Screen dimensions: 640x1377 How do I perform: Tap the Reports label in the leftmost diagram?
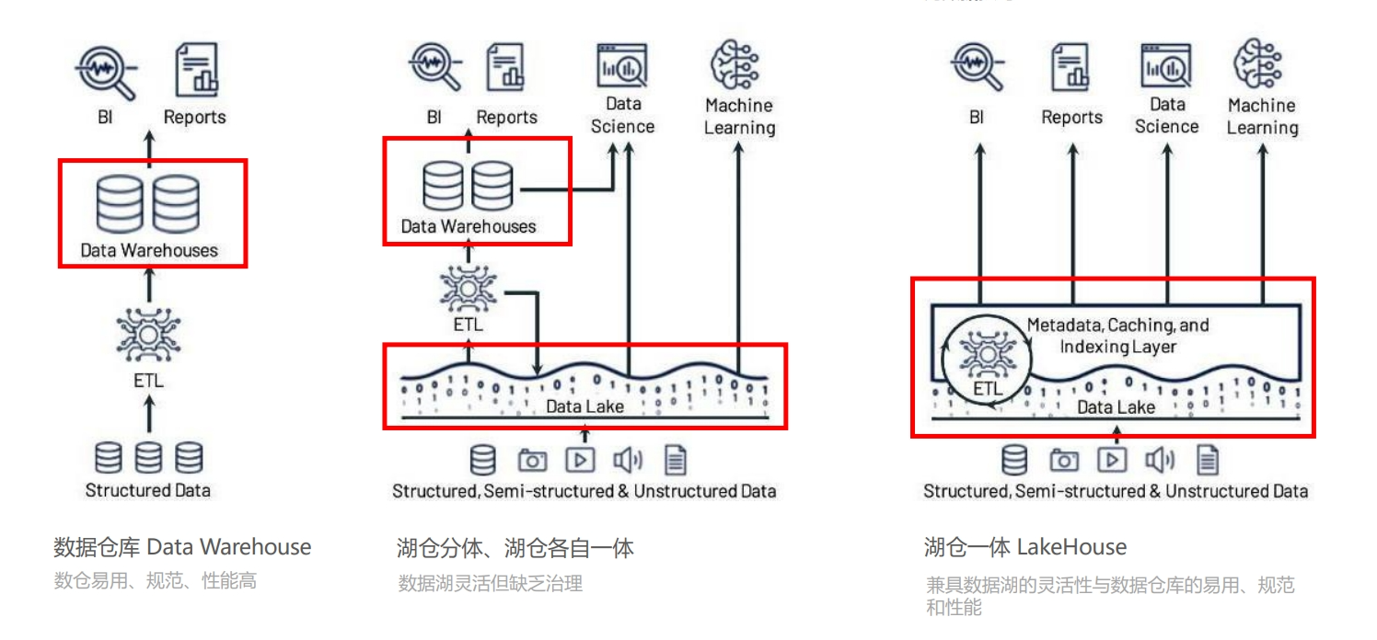(194, 117)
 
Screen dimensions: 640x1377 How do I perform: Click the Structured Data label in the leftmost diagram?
(148, 490)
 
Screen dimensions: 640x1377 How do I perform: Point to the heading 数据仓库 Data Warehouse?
(182, 547)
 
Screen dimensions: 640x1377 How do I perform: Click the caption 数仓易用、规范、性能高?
(155, 581)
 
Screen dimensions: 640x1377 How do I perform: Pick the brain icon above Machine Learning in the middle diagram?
(736, 64)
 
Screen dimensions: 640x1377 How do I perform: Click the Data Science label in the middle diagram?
(623, 115)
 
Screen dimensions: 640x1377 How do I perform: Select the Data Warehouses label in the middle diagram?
(468, 226)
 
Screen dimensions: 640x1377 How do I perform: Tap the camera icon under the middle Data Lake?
(532, 460)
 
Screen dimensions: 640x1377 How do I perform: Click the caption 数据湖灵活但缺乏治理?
(490, 583)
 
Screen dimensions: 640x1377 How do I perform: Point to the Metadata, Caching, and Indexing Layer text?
(1117, 336)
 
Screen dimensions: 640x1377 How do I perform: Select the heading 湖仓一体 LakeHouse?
(1024, 547)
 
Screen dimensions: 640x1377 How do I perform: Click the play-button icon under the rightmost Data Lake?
(1112, 460)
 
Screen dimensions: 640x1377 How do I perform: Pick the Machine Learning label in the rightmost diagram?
(1262, 117)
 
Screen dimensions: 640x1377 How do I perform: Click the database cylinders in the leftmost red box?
(148, 204)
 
